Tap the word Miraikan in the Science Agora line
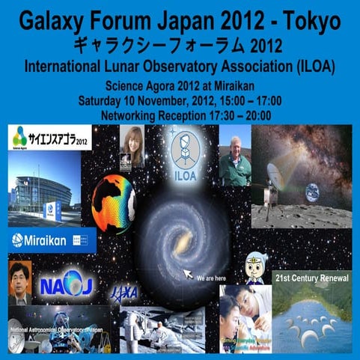point(235,84)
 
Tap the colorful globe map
point(112,202)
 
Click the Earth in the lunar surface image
point(311,192)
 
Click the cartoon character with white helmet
point(256,268)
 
